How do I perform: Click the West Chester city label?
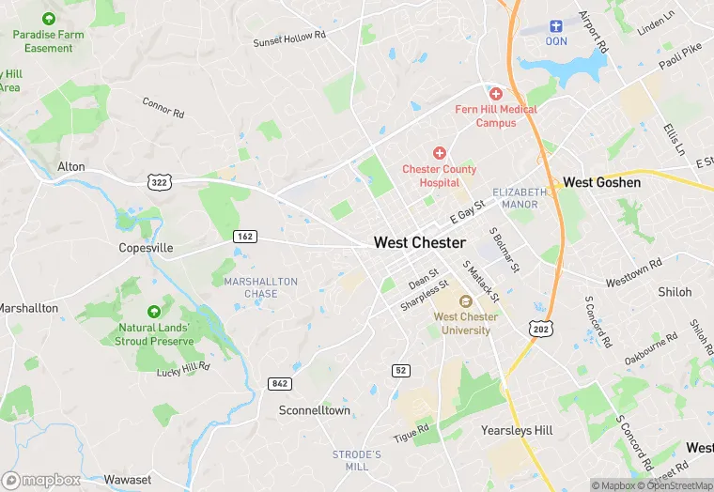coord(419,242)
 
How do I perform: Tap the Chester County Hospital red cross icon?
coord(439,153)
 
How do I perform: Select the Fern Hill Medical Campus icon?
coord(496,93)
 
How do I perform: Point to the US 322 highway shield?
coord(159,181)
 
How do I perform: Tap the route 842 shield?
coord(279,383)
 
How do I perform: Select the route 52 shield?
coord(401,371)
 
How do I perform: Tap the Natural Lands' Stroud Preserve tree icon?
coord(153,311)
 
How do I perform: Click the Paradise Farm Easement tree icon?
coord(48,19)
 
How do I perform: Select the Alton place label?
coord(70,167)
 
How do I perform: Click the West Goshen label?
coord(601,182)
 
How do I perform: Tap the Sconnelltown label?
coord(315,410)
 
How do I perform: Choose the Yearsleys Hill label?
coord(518,430)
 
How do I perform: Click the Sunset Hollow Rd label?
coord(288,38)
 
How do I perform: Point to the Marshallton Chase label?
coord(260,287)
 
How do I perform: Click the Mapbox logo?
coord(41,480)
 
